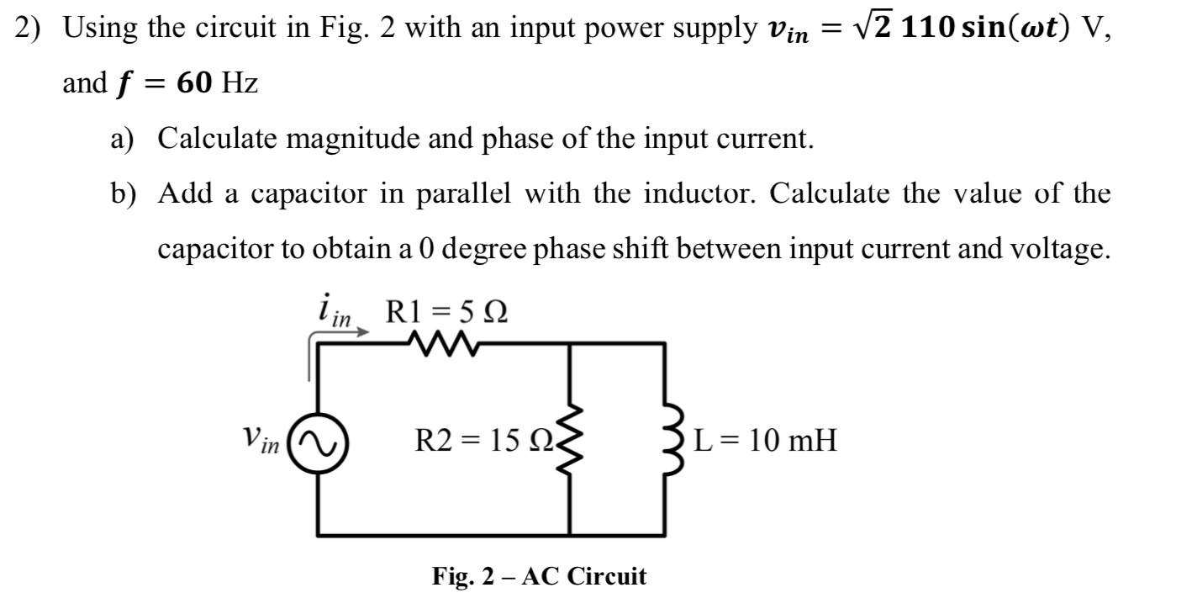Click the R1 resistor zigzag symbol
pyautogui.click(x=440, y=343)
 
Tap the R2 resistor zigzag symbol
pyautogui.click(x=572, y=439)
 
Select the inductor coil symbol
pyautogui.click(x=667, y=439)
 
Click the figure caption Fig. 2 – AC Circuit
pyautogui.click(x=539, y=576)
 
